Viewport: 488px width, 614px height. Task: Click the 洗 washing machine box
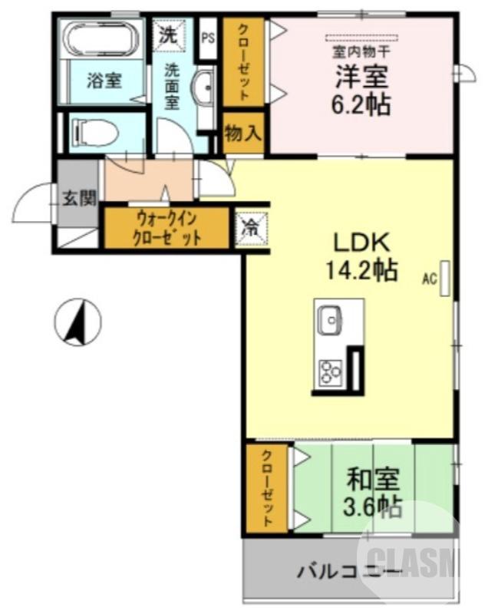(167, 33)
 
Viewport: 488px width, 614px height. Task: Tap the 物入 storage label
(243, 133)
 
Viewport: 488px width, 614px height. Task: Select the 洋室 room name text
(361, 77)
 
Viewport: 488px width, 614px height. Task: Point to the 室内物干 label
(361, 52)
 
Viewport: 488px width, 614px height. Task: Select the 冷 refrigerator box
(251, 227)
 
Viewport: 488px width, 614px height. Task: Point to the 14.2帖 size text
(362, 270)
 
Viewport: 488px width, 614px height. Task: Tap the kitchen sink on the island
(331, 320)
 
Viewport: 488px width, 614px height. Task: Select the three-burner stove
(331, 374)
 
